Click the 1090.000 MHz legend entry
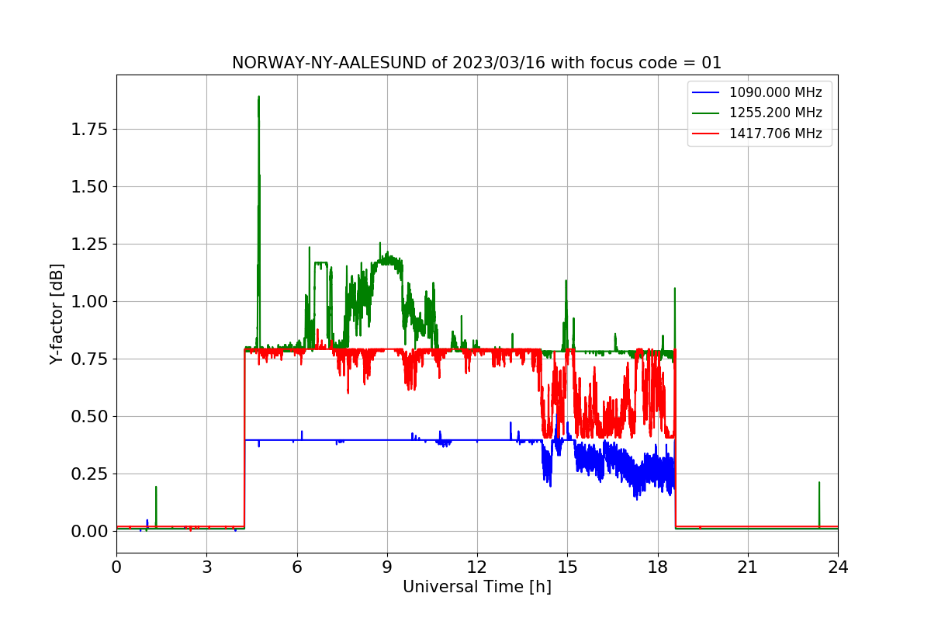pyautogui.click(x=775, y=92)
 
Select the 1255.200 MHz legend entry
pyautogui.click(x=775, y=113)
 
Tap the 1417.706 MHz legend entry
pyautogui.click(x=775, y=134)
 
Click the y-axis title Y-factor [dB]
pyautogui.click(x=56, y=314)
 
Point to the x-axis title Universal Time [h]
pyautogui.click(x=476, y=587)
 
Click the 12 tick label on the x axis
pyautogui.click(x=477, y=567)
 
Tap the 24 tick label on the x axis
pyautogui.click(x=838, y=567)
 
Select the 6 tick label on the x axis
pyautogui.click(x=296, y=567)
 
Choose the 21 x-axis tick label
pyautogui.click(x=747, y=567)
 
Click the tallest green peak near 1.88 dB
pyautogui.click(x=258, y=98)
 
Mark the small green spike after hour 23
pyautogui.click(x=819, y=483)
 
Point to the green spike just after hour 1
pyautogui.click(x=156, y=487)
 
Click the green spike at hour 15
pyautogui.click(x=566, y=282)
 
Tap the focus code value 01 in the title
pyautogui.click(x=711, y=63)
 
